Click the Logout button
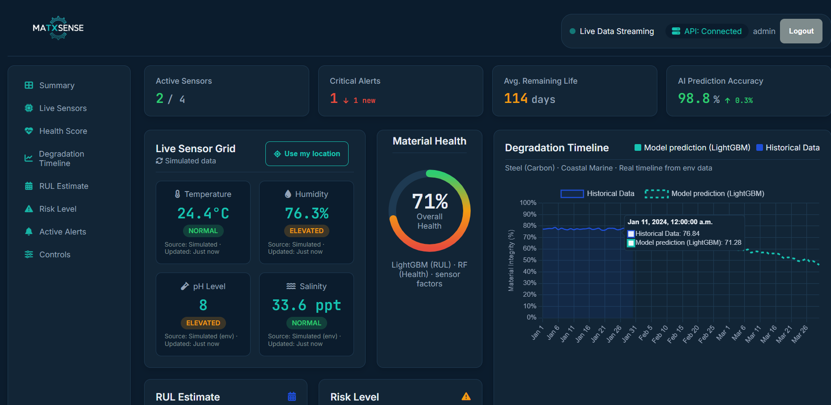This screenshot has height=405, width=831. [x=801, y=31]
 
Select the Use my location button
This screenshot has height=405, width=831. [x=307, y=154]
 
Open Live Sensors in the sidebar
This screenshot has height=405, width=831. [x=63, y=108]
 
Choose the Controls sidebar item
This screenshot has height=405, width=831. [x=55, y=255]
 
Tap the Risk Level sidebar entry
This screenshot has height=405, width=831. [x=58, y=209]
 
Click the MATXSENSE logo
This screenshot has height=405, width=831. [x=58, y=28]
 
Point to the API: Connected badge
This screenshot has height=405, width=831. [x=707, y=31]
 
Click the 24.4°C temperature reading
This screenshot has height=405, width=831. [x=203, y=213]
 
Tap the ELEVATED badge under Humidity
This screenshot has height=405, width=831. [x=307, y=231]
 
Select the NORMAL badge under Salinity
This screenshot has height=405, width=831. [x=307, y=323]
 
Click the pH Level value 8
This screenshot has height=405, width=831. [x=203, y=305]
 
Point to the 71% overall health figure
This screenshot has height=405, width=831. [x=430, y=201]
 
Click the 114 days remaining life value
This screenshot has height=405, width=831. [x=529, y=98]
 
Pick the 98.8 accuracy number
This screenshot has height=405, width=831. [x=694, y=98]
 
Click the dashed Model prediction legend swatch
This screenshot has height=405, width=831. [x=656, y=194]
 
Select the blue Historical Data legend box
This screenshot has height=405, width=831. [x=572, y=194]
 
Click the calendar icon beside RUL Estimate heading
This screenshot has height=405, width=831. [x=292, y=396]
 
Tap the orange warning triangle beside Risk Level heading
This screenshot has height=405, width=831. [x=466, y=396]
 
